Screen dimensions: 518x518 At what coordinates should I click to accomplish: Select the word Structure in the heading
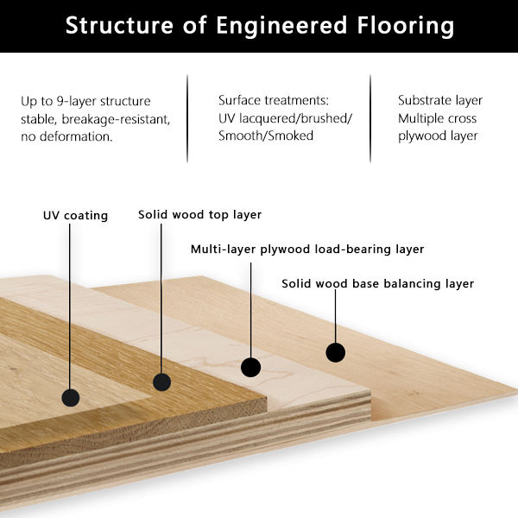click(x=119, y=25)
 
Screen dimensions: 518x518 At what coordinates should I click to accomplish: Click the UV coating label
click(x=75, y=215)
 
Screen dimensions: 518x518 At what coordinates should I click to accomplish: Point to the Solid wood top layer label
click(x=200, y=215)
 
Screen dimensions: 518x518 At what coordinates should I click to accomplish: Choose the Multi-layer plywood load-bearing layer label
click(x=307, y=250)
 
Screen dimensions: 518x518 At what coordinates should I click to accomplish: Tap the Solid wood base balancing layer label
click(x=378, y=283)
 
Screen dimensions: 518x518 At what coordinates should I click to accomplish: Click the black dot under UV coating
click(x=71, y=397)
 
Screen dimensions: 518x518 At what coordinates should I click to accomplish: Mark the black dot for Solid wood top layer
click(x=162, y=382)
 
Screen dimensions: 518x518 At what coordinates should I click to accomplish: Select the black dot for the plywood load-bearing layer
click(x=250, y=368)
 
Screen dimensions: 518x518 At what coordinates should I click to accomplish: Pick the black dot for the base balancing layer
click(x=336, y=352)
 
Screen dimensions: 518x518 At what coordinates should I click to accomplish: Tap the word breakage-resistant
click(x=116, y=119)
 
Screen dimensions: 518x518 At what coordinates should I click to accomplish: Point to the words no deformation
click(x=66, y=136)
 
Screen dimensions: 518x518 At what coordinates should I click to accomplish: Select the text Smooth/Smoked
click(x=266, y=136)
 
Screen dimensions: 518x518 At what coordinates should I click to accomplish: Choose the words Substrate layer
click(x=440, y=100)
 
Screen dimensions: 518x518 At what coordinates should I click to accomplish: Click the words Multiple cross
click(x=438, y=118)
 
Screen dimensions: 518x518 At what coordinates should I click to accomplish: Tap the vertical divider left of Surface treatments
click(x=187, y=119)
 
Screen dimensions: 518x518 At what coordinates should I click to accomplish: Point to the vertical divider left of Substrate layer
click(x=370, y=119)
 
